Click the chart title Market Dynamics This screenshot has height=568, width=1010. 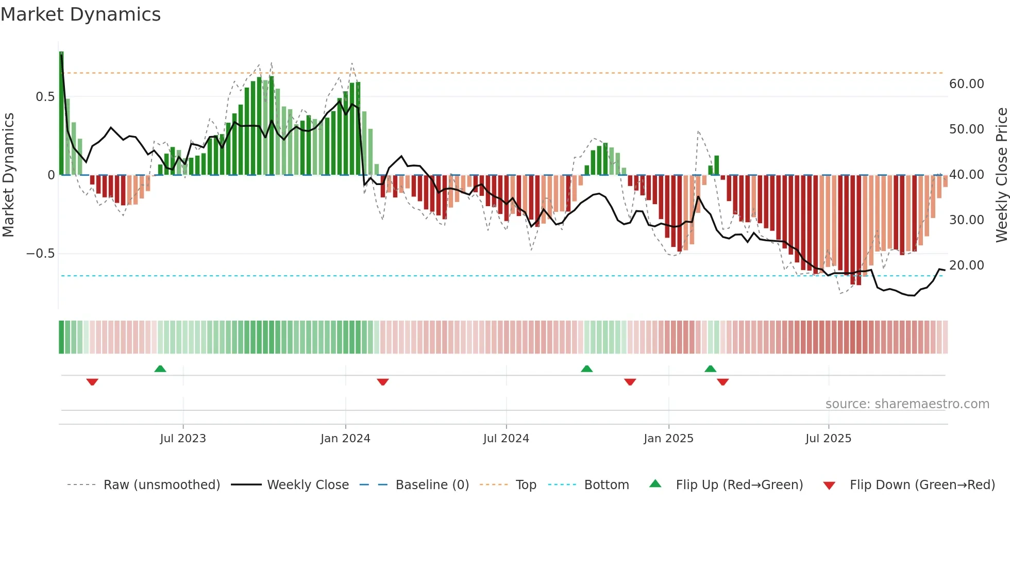click(80, 14)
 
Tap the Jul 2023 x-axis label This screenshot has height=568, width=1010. click(183, 438)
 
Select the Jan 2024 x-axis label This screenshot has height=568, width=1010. click(345, 438)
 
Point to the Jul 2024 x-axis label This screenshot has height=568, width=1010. click(506, 438)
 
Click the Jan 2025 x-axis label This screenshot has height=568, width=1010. click(668, 438)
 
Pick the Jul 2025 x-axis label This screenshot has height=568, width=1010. click(829, 438)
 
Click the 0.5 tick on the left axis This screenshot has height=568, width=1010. click(45, 97)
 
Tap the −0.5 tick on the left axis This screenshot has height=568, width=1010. click(41, 254)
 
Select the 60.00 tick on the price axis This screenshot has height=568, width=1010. click(966, 84)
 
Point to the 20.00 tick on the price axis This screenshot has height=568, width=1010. click(966, 265)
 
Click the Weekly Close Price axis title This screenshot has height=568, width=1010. click(1001, 175)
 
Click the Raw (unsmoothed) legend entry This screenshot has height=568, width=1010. click(161, 485)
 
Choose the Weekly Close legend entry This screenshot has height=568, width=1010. click(308, 485)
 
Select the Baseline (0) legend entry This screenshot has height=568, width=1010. click(432, 485)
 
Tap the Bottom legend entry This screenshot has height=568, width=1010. click(606, 485)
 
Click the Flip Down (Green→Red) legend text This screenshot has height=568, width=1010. click(922, 485)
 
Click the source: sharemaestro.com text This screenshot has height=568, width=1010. click(907, 404)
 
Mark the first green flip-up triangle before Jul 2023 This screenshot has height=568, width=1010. click(160, 369)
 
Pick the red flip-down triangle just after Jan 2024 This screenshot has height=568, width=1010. click(383, 382)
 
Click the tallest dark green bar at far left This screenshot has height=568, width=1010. click(61, 113)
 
